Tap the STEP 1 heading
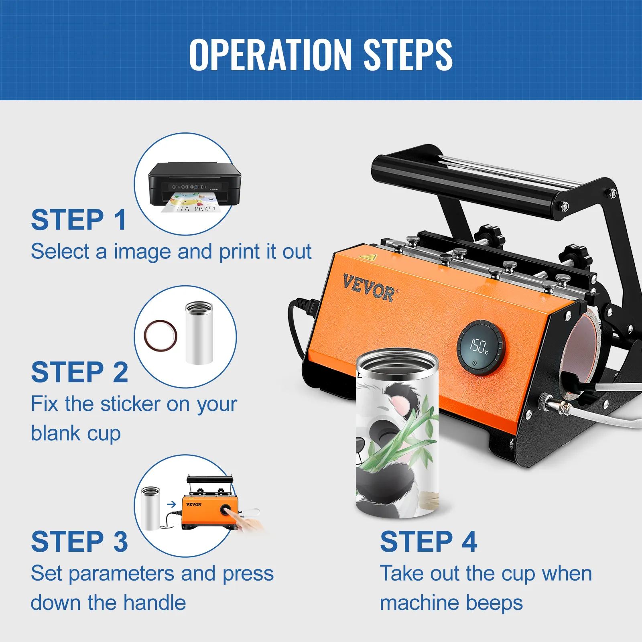click(79, 220)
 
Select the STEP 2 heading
click(79, 372)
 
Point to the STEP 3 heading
click(79, 541)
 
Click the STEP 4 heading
click(429, 541)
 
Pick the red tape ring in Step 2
click(160, 335)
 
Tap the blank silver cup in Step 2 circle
click(199, 333)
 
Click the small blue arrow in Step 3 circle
click(172, 504)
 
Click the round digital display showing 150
click(480, 347)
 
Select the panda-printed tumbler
click(397, 433)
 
